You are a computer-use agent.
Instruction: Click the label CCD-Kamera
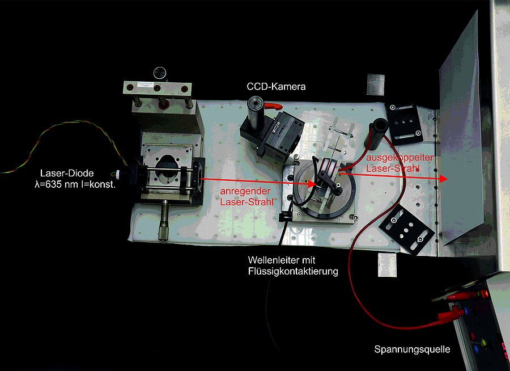click(276, 87)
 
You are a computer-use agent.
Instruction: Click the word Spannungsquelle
click(412, 349)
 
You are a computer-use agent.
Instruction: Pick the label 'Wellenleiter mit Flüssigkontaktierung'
click(292, 265)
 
